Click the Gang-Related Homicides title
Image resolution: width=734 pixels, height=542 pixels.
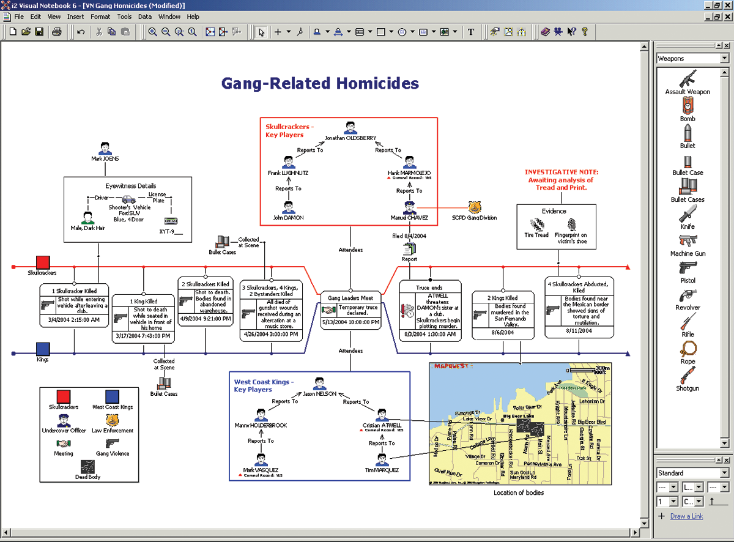pyautogui.click(x=320, y=84)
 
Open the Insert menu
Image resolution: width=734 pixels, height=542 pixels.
pyautogui.click(x=76, y=17)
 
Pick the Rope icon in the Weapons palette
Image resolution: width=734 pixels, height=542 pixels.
pyautogui.click(x=688, y=349)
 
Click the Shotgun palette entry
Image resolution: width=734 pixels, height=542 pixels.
pyautogui.click(x=688, y=376)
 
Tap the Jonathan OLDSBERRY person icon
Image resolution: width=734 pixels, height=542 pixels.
pyautogui.click(x=350, y=127)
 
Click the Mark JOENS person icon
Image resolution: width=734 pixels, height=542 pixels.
pyautogui.click(x=105, y=148)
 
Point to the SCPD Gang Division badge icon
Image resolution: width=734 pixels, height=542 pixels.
pyautogui.click(x=475, y=207)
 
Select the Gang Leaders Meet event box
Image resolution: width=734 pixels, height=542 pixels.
pyautogui.click(x=350, y=310)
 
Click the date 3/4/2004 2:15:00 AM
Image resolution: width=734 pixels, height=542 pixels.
pyautogui.click(x=74, y=319)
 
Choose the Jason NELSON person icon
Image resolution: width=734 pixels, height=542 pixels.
pyautogui.click(x=319, y=384)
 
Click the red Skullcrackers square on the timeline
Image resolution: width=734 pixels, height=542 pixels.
pyautogui.click(x=42, y=262)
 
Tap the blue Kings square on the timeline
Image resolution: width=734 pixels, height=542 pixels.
pyautogui.click(x=42, y=349)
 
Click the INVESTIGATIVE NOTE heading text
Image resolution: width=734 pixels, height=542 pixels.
pyautogui.click(x=562, y=173)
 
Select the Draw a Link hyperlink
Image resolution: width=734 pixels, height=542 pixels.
pyautogui.click(x=686, y=516)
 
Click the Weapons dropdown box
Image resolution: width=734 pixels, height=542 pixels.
pyautogui.click(x=692, y=59)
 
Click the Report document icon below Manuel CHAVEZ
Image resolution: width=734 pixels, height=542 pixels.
pyautogui.click(x=409, y=248)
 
